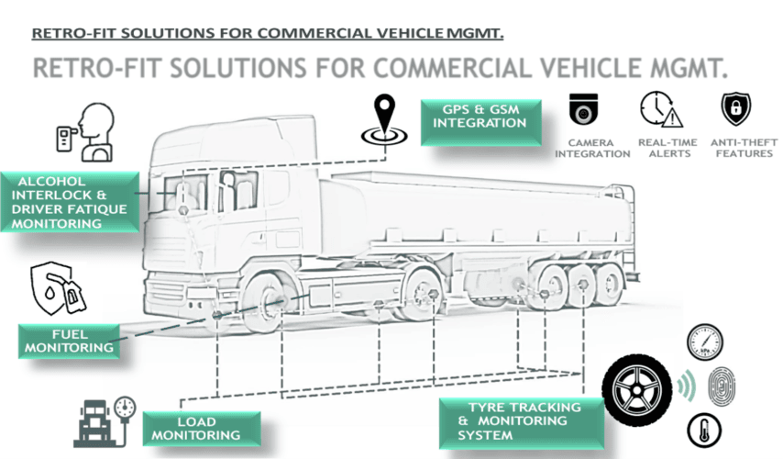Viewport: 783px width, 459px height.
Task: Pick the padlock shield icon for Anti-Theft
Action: tap(735, 109)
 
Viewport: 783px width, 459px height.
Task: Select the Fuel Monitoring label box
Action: tap(69, 340)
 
